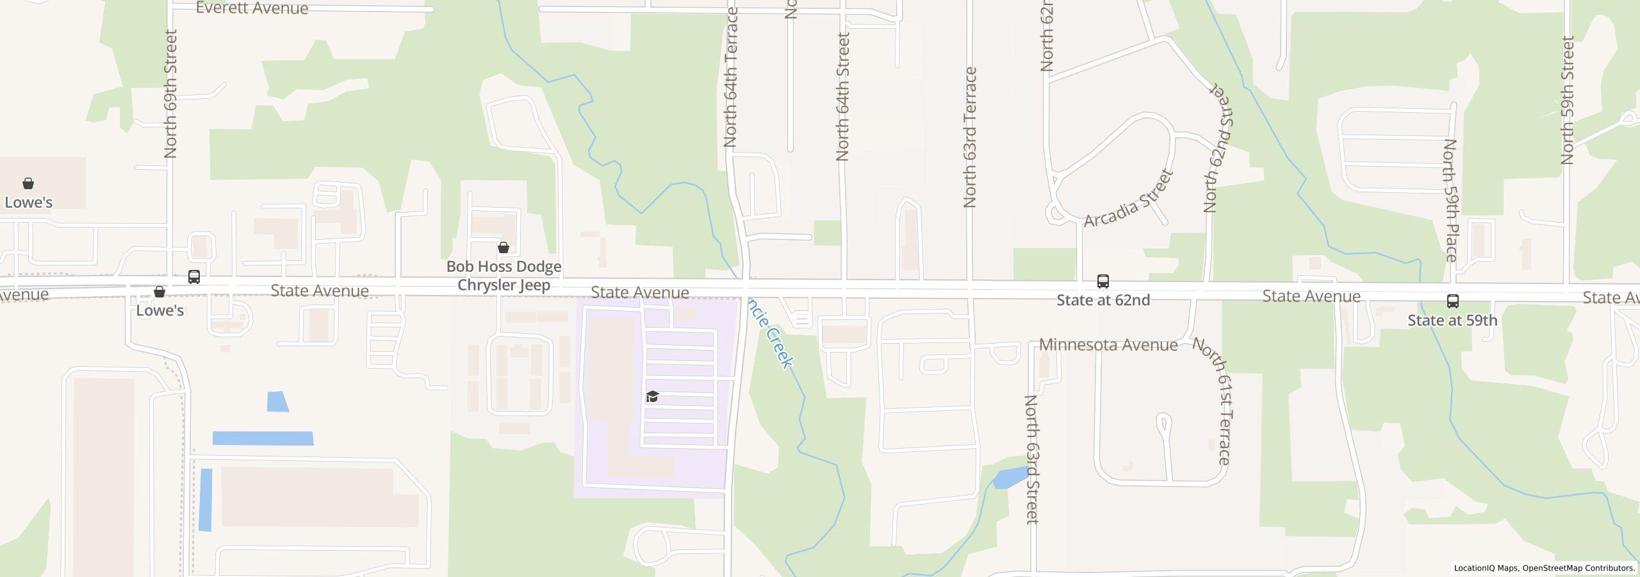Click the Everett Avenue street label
click(252, 8)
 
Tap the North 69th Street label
click(170, 94)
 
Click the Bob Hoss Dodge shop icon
click(504, 247)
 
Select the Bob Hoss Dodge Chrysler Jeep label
click(504, 276)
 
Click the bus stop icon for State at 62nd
click(1103, 281)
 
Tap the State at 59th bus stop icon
click(1453, 301)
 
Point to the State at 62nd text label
click(1103, 300)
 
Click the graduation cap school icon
click(652, 396)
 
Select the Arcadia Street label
click(1129, 199)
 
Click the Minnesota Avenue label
click(1108, 345)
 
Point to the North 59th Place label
click(1450, 200)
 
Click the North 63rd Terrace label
click(970, 137)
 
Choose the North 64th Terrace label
click(731, 77)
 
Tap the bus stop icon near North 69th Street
click(194, 277)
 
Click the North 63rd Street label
click(1031, 459)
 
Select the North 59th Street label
click(1567, 100)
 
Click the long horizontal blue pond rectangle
click(263, 439)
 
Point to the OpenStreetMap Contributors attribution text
click(1578, 568)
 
